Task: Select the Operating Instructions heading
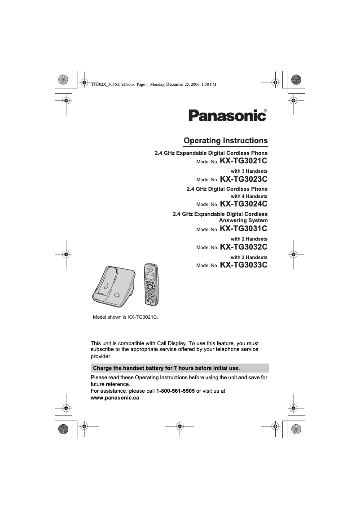click(226, 140)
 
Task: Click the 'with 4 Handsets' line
click(249, 196)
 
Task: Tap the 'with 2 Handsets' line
click(249, 239)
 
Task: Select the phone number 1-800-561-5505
click(176, 391)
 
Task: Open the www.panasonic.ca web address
click(115, 398)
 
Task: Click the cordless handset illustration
click(151, 284)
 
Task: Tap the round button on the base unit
click(117, 295)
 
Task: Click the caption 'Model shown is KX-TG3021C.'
click(126, 317)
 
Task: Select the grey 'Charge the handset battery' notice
click(180, 368)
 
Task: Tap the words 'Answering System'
click(243, 220)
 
